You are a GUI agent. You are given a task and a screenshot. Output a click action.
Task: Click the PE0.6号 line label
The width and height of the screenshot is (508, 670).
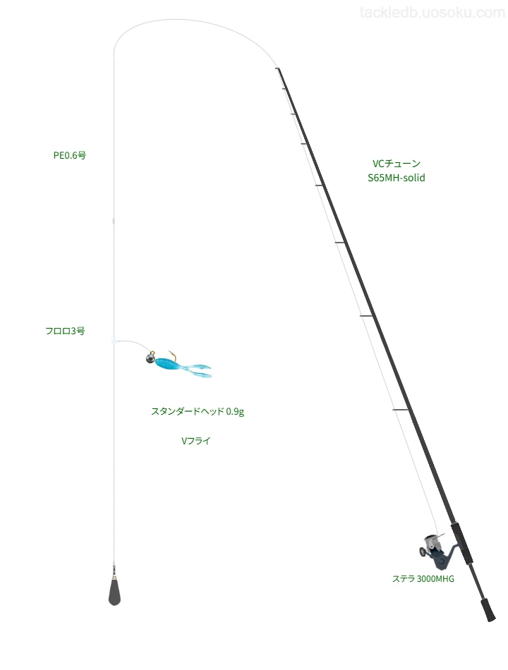pos(70,155)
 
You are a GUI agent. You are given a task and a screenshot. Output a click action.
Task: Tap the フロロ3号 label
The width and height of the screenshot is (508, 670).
pos(65,331)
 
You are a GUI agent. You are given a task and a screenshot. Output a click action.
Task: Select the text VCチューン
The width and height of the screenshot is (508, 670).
pos(397,163)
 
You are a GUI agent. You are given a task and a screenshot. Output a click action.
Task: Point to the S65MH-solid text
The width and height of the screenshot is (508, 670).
pos(397,178)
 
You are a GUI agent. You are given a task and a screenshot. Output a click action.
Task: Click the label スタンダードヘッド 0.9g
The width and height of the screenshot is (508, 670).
pos(198,411)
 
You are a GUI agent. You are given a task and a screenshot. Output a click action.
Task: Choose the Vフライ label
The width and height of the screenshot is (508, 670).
pos(196,441)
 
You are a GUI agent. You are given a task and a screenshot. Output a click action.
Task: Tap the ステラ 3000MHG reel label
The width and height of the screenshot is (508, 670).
pos(423,578)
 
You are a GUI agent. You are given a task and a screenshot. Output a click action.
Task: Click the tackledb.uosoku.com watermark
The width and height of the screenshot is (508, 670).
pos(433,13)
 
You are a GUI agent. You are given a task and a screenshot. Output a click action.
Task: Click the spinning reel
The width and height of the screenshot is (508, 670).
pos(436,552)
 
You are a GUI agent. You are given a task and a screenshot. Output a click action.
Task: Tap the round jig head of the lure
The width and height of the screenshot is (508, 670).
pos(150,358)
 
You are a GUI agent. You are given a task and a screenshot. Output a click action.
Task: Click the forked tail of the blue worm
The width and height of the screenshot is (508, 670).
pos(198,370)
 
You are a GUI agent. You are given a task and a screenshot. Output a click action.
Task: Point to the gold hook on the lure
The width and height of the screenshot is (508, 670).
pos(172,354)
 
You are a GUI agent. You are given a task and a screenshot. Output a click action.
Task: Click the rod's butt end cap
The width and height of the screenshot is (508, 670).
pos(488,610)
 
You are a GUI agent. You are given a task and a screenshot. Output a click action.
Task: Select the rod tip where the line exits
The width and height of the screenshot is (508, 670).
pos(277,68)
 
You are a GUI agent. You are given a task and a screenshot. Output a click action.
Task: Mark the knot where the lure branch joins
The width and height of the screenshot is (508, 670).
pos(114,341)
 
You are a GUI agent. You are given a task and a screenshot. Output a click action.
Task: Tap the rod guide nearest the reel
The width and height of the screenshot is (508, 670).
pos(401,410)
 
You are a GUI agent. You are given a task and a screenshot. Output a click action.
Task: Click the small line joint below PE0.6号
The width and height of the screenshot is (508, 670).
pos(114,221)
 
